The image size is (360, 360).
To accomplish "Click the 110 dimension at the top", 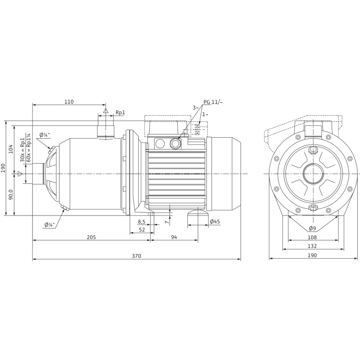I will tap(69, 102).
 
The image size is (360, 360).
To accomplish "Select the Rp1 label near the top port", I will tap(120, 113).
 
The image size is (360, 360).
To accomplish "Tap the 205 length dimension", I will tap(92, 237).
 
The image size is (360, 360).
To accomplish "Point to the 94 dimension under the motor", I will tap(173, 237).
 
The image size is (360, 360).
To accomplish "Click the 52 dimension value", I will tap(142, 230).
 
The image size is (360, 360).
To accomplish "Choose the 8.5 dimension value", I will tap(141, 222).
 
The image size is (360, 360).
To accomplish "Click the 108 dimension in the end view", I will tap(312, 237).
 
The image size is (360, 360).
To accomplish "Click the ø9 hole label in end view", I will tap(312, 228).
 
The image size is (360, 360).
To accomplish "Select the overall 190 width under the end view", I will tap(312, 255).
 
